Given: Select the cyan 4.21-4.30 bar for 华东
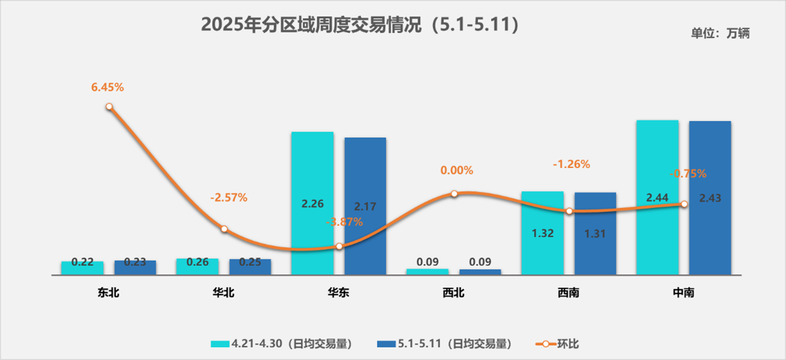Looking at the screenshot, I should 312,191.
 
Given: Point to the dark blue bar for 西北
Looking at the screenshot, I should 480,272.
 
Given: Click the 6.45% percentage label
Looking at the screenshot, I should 108,88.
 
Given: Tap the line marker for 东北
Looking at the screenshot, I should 109,107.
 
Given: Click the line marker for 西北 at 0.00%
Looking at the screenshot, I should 454,193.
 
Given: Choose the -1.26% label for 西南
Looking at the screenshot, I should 571,164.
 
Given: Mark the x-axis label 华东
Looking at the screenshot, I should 339,293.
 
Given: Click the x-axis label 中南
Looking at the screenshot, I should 683,293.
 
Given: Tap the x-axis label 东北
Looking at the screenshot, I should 109,293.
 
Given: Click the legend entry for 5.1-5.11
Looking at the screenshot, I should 445,343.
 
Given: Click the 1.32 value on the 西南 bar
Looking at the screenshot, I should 542,233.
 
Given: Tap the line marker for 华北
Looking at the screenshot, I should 224,228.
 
